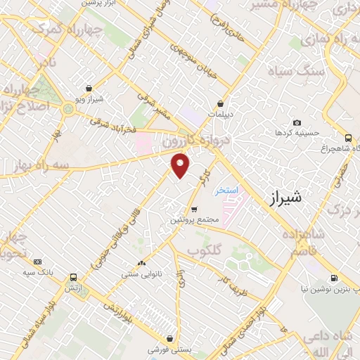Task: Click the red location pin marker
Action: tap(181, 165)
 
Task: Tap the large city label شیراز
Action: tap(285, 199)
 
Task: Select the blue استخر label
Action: tap(227, 191)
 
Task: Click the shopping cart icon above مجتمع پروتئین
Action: tap(194, 210)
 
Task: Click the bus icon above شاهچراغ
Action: tap(348, 138)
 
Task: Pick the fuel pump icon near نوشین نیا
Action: tap(333, 277)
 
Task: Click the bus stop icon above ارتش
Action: tap(72, 277)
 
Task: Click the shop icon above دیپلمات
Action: tap(220, 103)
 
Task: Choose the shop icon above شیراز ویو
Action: tap(89, 89)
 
